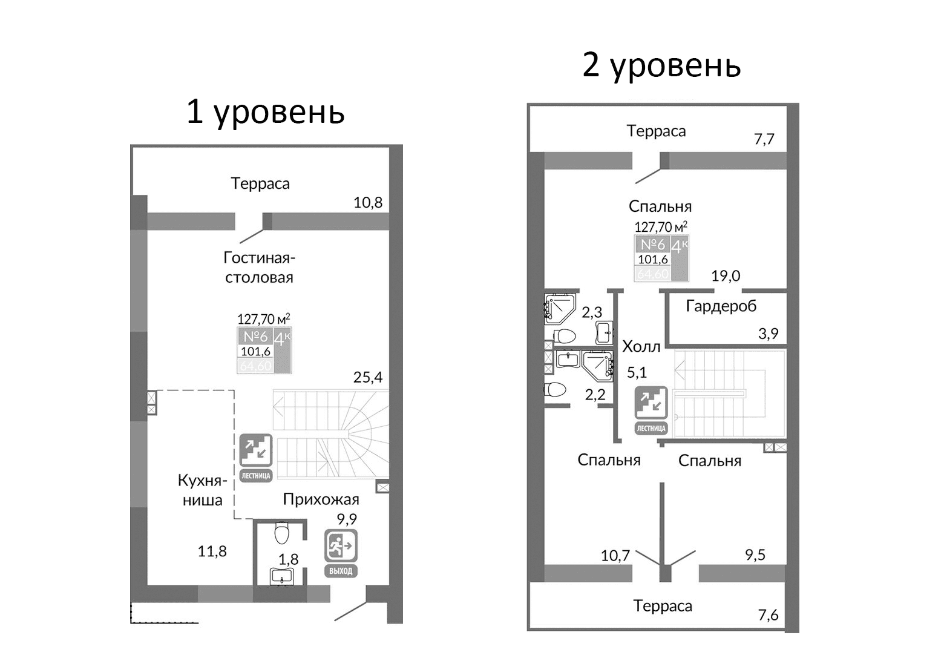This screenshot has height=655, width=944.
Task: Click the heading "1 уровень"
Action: (265, 112)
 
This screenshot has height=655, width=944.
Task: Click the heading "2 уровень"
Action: (661, 65)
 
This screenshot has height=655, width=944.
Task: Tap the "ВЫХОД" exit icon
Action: (341, 553)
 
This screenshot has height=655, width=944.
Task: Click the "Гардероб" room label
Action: (721, 306)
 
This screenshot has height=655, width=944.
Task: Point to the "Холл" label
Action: (641, 346)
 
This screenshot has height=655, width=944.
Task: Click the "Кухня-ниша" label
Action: (203, 490)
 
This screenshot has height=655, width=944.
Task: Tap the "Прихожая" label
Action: (321, 499)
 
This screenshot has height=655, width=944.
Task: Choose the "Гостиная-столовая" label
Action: (259, 267)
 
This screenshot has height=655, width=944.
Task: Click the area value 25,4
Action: (368, 377)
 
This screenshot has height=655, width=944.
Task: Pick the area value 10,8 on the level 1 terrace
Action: (368, 202)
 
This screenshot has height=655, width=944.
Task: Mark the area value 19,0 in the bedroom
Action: (726, 276)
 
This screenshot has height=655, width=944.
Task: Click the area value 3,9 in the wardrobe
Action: (768, 333)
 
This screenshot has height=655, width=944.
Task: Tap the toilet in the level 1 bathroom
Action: (282, 533)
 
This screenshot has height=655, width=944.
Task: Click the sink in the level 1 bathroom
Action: (282, 577)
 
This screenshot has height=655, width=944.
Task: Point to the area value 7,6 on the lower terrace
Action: (768, 615)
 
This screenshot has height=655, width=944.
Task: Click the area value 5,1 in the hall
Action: (637, 372)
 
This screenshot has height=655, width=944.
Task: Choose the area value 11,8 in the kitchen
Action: (212, 551)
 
